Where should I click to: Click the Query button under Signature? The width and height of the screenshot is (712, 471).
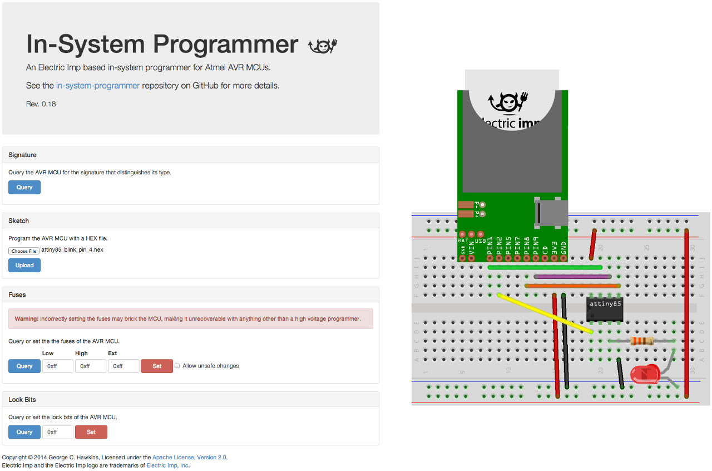[x=24, y=188]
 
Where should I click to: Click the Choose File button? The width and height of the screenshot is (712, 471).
[x=24, y=251]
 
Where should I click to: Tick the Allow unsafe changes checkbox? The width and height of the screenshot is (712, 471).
[x=177, y=366]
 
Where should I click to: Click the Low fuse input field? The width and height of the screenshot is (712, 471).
[x=58, y=366]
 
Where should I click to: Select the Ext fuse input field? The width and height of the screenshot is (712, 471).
[x=123, y=366]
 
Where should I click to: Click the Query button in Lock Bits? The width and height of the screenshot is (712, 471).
[x=24, y=432]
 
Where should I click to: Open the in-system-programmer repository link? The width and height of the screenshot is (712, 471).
[x=98, y=86]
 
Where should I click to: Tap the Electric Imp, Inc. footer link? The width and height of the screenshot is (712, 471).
[x=167, y=465]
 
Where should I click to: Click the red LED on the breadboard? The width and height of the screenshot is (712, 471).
[x=644, y=374]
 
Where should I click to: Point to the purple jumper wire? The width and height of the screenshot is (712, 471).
[x=572, y=276]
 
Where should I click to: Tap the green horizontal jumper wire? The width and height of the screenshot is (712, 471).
[x=545, y=267]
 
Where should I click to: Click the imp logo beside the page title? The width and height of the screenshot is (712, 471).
[x=323, y=45]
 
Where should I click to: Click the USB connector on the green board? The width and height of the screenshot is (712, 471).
[x=551, y=213]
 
